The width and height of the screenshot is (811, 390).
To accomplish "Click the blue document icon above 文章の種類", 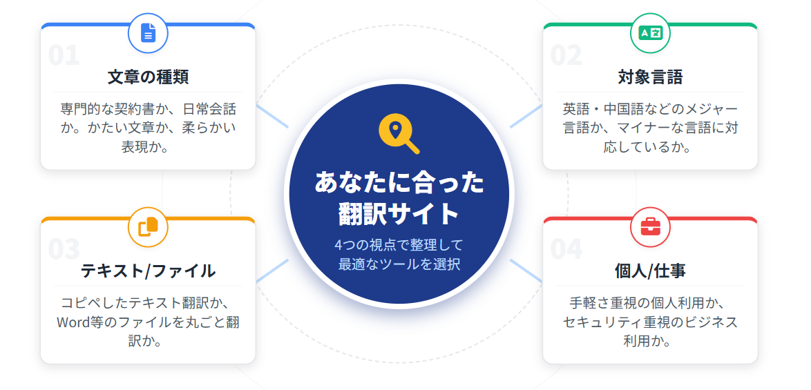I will coord(149,33).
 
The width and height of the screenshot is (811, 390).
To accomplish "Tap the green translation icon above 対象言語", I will coord(650,33).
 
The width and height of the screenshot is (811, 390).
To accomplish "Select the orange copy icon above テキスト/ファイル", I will coord(149,227).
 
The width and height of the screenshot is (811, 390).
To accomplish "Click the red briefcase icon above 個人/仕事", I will coord(650,227).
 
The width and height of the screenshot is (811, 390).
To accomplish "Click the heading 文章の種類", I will coord(148,77).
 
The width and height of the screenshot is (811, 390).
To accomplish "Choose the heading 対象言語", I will coord(650,77).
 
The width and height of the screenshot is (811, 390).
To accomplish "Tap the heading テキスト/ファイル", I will coord(148,271).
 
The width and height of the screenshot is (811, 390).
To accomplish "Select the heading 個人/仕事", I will coord(650,271).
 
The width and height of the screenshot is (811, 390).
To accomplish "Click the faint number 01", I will coord(64,56).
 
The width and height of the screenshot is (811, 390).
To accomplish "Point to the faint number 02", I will coord(566,56).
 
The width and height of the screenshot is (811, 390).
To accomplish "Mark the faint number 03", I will coord(64,249).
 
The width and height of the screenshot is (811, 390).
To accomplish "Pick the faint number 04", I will coord(566,249).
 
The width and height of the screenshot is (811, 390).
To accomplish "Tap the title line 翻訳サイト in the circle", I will coord(399,214).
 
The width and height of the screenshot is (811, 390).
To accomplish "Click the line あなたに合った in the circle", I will coord(399,183).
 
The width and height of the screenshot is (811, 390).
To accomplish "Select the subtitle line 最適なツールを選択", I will coord(399,264).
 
